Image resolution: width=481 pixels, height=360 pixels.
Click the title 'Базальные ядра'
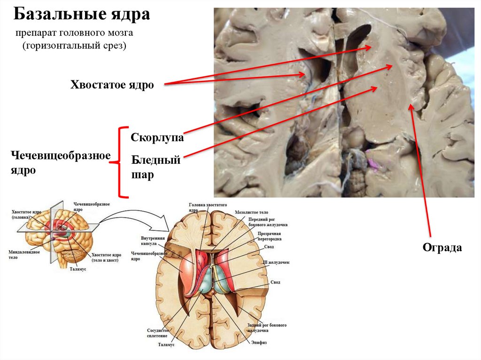[x=82, y=15]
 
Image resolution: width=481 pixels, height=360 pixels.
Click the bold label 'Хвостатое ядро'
[x=112, y=85]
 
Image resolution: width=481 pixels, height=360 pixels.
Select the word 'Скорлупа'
[x=157, y=138]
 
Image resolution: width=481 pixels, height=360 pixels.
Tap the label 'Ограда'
[x=442, y=247]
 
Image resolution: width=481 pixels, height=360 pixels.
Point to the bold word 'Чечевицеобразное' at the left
[x=61, y=155]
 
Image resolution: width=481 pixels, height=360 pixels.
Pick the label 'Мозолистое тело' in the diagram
[x=254, y=213]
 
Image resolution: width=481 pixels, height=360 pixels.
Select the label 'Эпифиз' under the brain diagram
[x=259, y=343]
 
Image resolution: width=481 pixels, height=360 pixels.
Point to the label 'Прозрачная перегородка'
[x=269, y=236]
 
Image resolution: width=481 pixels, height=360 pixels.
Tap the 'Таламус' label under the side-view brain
[x=78, y=270]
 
